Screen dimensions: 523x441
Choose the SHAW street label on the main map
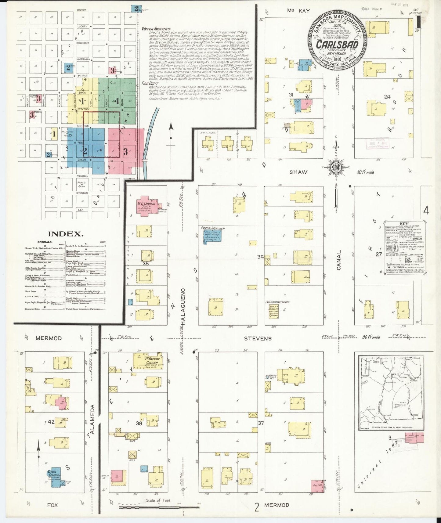click(298, 172)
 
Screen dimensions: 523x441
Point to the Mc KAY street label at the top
click(298, 11)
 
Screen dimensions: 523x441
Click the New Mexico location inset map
click(391, 391)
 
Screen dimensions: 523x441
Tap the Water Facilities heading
click(156, 29)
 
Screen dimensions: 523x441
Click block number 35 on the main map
click(146, 263)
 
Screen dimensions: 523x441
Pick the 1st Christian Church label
click(277, 302)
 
